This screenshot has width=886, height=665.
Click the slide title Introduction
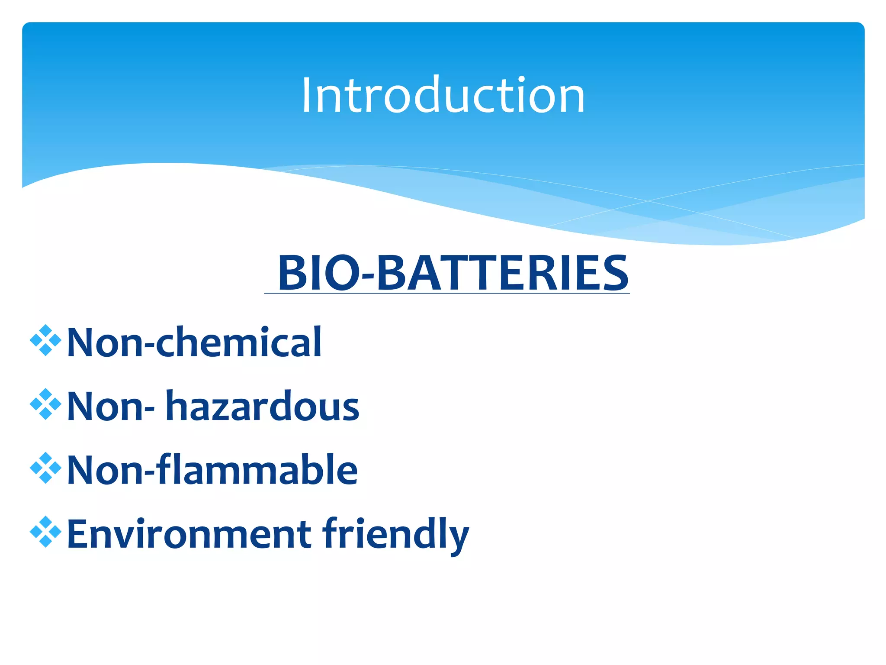[x=443, y=95]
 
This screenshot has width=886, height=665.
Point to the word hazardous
[x=262, y=406]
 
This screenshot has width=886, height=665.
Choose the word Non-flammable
[x=212, y=470]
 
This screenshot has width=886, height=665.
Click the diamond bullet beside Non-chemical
[x=45, y=340]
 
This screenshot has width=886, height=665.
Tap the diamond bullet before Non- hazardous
[x=45, y=404]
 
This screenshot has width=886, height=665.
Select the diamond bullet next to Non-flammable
[x=45, y=468]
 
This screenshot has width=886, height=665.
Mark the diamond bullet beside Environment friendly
[x=45, y=532]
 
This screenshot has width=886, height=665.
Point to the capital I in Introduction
[x=306, y=95]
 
